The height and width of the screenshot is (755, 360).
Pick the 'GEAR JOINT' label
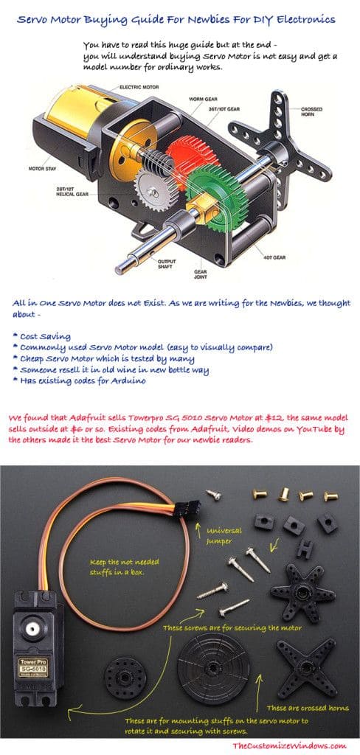199,274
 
